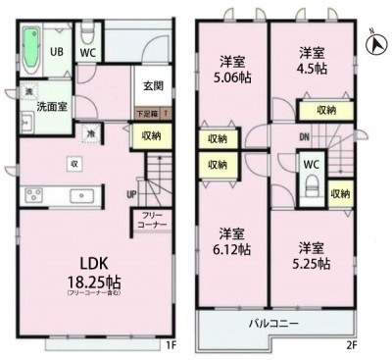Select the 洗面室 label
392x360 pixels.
53,105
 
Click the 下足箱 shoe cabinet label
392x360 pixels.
147,114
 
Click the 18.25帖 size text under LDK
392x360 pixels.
89,280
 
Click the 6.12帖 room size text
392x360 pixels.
232,249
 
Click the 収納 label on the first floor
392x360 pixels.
150,136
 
